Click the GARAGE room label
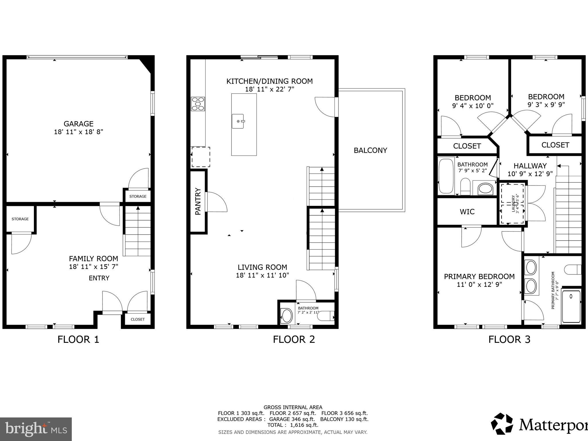point(78,124)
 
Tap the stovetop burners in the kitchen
point(198,104)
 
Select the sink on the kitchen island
point(238,121)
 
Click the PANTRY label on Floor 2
point(198,201)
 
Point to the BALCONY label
point(370,150)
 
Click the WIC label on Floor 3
point(467,212)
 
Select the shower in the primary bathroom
point(571,306)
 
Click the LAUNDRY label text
point(513,204)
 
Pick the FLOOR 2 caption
point(294,339)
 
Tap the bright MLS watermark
point(36,429)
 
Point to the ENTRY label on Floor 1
point(99,278)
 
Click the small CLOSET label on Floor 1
point(138,319)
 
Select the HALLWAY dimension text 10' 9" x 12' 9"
point(530,174)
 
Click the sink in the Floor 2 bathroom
point(286,316)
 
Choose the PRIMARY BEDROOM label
point(479,276)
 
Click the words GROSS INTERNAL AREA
point(293,407)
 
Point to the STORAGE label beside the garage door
point(138,196)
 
